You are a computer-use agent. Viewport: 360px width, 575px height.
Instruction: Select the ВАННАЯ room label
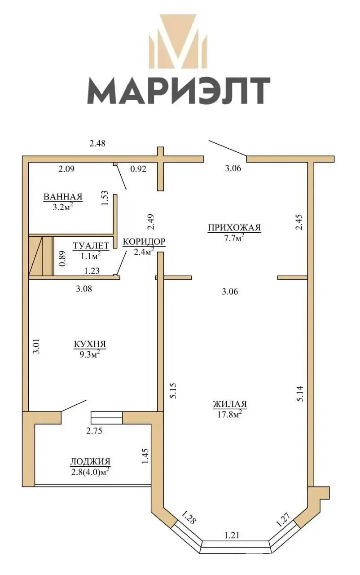coord(63,197)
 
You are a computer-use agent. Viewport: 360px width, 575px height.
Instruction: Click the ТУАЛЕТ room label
coord(91,246)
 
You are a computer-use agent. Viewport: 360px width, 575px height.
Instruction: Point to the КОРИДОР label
coord(144,242)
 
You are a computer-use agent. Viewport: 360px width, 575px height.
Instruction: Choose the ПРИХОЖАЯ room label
coord(234,228)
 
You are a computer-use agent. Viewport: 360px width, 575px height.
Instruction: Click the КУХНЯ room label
coord(90,344)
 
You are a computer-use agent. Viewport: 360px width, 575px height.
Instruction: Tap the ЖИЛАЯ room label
coord(230,404)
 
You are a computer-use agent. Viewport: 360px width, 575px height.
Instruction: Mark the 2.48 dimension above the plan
coord(97,143)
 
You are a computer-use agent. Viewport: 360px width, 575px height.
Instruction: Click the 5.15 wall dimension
coord(173,391)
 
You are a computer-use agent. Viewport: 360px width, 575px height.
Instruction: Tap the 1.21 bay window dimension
coord(232,535)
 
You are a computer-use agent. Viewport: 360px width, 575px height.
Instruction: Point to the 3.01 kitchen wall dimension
coord(37,347)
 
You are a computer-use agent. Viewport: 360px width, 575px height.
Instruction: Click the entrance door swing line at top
coord(228,148)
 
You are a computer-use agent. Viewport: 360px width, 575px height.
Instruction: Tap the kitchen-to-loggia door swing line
coord(74,406)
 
